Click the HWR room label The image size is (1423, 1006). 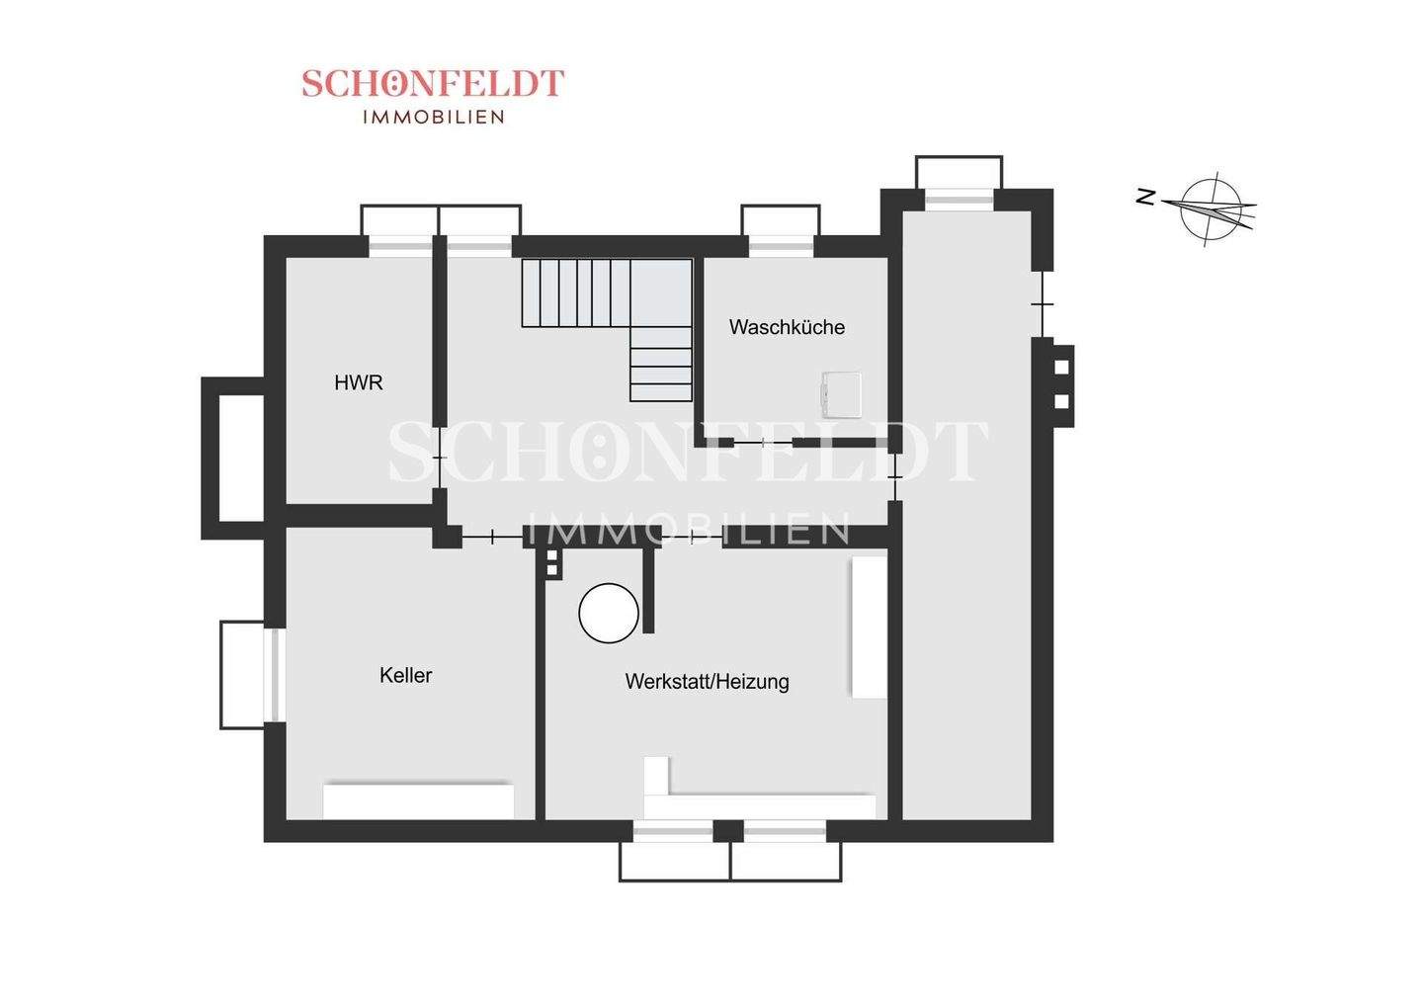pos(358,382)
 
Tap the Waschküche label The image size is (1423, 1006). pos(787,327)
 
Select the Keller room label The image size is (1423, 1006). pos(405,676)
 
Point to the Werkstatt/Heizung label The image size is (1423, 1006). pos(707,682)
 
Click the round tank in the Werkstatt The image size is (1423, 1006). pos(609,613)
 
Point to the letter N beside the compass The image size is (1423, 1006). pos(1146,198)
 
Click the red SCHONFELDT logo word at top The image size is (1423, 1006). pos(433,83)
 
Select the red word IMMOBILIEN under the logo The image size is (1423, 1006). pos(434,117)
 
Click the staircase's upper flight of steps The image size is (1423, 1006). pos(576,293)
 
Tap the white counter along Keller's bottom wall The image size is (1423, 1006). pos(419,800)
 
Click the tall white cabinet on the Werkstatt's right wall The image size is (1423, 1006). pos(870,628)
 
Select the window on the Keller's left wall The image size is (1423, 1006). pos(276,676)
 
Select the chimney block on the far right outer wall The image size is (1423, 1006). pos(1062,383)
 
